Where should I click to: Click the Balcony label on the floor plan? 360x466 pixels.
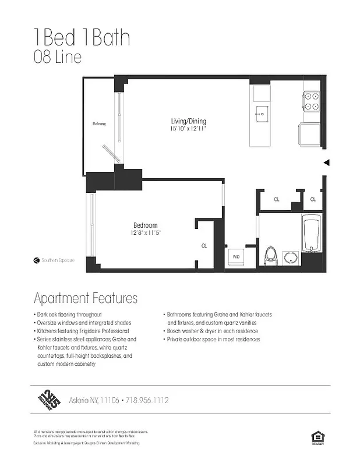pyautogui.click(x=99, y=124)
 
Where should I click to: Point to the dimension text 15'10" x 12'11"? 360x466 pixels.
pyautogui.click(x=188, y=128)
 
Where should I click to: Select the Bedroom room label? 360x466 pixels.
pyautogui.click(x=145, y=225)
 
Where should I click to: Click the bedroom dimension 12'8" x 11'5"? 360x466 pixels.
pyautogui.click(x=145, y=232)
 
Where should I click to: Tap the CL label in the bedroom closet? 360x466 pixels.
pyautogui.click(x=204, y=246)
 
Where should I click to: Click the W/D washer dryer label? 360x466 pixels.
pyautogui.click(x=237, y=256)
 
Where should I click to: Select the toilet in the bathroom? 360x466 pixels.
pyautogui.click(x=270, y=255)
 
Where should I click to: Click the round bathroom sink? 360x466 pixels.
pyautogui.click(x=290, y=257)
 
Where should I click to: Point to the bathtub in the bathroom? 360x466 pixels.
pyautogui.click(x=312, y=234)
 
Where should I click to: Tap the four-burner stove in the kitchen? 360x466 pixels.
pyautogui.click(x=312, y=102)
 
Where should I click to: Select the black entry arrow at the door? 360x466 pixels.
pyautogui.click(x=327, y=163)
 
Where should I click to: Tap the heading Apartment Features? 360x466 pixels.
pyautogui.click(x=86, y=298)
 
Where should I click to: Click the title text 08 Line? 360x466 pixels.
pyautogui.click(x=57, y=58)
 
